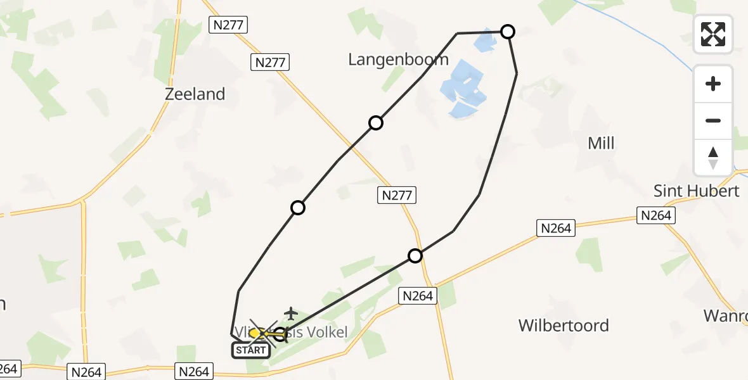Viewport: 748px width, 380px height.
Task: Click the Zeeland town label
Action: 195,94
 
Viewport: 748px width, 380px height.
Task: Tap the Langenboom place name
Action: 398,60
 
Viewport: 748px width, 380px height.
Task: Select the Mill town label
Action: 601,144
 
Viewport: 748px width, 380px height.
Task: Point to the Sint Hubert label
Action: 697,191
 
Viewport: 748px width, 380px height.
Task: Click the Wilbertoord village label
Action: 564,326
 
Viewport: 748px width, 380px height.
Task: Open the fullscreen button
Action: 713,34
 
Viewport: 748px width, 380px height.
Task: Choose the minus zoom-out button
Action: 713,120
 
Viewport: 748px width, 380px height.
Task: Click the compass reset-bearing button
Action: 713,156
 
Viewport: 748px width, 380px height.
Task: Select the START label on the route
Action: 251,350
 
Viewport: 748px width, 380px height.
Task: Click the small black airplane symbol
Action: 290,313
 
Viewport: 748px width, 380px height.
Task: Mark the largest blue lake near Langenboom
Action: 466,89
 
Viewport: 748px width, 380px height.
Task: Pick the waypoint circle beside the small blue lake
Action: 508,32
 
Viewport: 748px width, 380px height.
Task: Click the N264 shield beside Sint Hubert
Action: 655,215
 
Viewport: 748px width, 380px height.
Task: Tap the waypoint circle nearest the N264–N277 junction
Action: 415,256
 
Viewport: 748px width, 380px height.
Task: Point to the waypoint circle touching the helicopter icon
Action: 280,334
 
